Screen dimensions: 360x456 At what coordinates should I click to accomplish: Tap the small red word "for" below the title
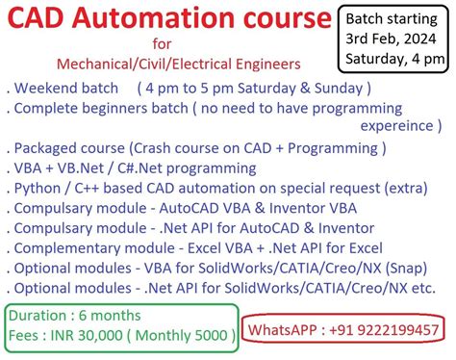pos(163,44)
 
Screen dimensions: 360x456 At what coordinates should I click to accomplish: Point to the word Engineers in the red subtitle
pos(267,64)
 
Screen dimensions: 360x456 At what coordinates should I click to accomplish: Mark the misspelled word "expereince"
pos(397,125)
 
